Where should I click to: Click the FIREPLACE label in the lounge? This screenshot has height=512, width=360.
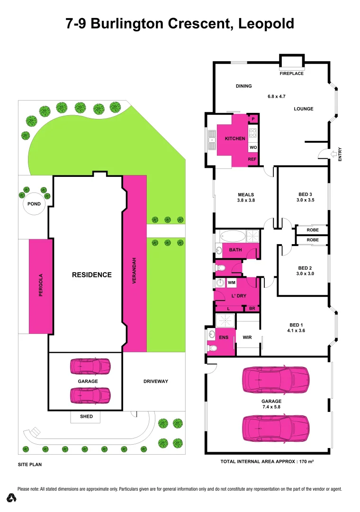[291, 73]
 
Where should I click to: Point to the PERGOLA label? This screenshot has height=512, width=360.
[41, 285]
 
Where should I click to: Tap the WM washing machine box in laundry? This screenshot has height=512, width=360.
[232, 283]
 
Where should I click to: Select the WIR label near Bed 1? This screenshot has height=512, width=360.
[247, 338]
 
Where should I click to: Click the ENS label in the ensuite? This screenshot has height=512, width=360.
[224, 338]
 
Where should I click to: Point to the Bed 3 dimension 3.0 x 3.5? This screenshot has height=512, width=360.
[306, 200]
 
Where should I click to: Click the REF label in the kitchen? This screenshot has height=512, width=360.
[252, 159]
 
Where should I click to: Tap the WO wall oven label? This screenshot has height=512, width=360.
[252, 147]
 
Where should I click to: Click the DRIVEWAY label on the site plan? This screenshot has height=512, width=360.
[155, 381]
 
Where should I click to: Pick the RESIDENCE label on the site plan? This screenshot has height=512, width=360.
[91, 274]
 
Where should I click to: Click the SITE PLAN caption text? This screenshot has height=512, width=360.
[30, 465]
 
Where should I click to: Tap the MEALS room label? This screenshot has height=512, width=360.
[246, 194]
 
